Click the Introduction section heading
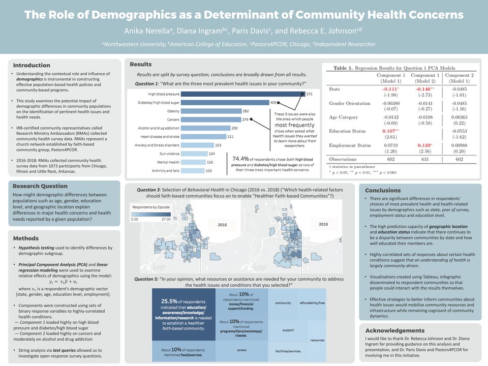pyautogui.click(x=32, y=66)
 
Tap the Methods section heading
pyautogui.click(x=25, y=238)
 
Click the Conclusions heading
pyautogui.click(x=383, y=191)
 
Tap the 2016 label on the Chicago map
pyautogui.click(x=222, y=224)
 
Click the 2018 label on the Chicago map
pyautogui.click(x=323, y=223)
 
